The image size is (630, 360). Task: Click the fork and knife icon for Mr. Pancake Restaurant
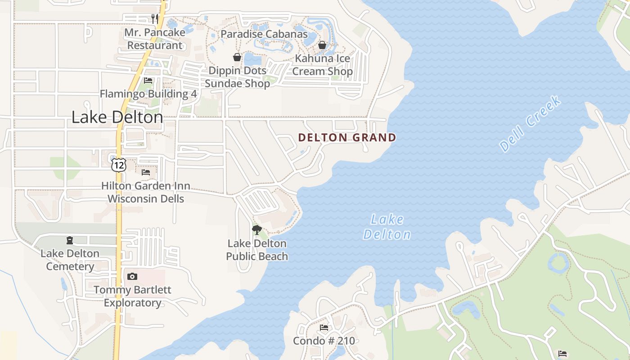coord(155,18)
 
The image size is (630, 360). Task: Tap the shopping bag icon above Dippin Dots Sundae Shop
coord(237,57)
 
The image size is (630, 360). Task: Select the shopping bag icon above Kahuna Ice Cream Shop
coord(322,45)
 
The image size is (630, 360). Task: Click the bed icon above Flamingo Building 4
coord(148,81)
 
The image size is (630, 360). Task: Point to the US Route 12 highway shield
coord(119,165)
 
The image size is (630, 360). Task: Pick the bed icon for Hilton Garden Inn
coord(146,172)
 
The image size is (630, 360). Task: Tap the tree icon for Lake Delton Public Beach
coord(256,230)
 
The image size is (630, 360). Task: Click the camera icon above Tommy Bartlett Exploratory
coord(132,276)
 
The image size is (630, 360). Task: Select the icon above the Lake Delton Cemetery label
coord(70,240)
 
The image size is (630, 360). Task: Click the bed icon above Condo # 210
coord(324,328)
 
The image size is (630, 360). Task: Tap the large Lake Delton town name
coord(117,117)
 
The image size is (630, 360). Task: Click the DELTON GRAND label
coord(347,138)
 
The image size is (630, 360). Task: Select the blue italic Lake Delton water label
coord(387,227)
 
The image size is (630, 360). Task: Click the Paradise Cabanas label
coord(264,34)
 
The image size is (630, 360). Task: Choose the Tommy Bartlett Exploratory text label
coord(132,296)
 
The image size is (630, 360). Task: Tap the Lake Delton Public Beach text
coord(257,250)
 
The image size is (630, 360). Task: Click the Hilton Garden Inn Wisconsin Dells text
coord(146,192)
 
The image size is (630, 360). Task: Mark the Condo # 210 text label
coord(324,341)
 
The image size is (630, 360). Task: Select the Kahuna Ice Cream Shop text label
coord(322,65)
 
